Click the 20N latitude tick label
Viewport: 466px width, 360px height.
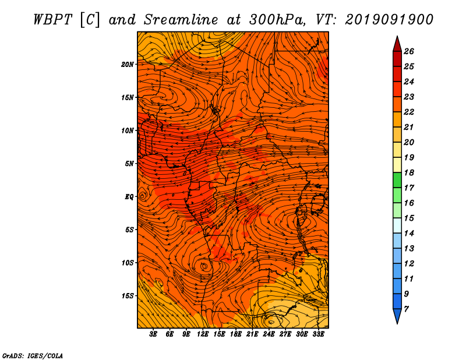(x=128, y=65)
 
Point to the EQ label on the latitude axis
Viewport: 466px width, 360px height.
(x=129, y=197)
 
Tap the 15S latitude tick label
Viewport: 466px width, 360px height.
(x=128, y=296)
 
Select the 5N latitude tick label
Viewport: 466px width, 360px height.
(x=129, y=164)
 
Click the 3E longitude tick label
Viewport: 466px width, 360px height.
(x=153, y=334)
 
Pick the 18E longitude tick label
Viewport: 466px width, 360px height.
(x=236, y=334)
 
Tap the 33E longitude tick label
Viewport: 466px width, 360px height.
(x=318, y=334)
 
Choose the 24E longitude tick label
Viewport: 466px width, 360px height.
(x=269, y=334)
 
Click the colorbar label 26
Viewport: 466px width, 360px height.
(x=409, y=51)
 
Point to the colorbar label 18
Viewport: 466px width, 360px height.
(x=409, y=172)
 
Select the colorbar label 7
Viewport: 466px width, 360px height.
(x=406, y=309)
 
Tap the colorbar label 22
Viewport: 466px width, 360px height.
(x=409, y=112)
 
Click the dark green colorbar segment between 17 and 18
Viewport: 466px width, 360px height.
(x=397, y=180)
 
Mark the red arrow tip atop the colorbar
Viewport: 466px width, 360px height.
(x=397, y=37)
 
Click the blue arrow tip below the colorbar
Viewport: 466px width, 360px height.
(x=397, y=323)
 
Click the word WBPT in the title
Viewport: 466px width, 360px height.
(x=53, y=20)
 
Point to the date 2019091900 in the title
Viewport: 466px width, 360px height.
(x=389, y=20)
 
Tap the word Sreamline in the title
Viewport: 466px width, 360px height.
(x=181, y=20)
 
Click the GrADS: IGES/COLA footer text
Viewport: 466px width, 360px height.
(x=33, y=355)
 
